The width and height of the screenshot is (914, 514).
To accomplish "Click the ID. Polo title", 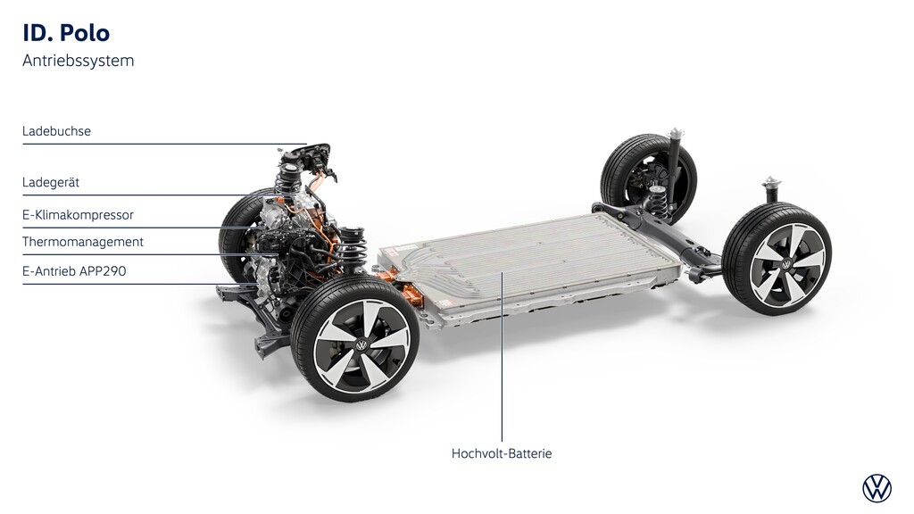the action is point(66,33).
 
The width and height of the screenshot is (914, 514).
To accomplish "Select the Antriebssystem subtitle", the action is point(79,61).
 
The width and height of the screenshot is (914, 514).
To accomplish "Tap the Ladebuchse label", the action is point(56,131).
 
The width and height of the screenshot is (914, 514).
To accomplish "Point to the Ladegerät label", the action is point(51,182).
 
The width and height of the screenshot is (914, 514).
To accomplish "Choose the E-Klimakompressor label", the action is point(79,215).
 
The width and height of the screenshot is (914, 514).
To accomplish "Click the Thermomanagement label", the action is point(83,242).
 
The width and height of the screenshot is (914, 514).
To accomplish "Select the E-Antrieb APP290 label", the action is point(74,271).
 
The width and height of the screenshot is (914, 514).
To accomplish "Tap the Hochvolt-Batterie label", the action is point(502,453).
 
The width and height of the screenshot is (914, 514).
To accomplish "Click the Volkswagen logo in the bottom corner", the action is point(877,488).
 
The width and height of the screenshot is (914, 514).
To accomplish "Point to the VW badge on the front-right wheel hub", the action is point(361,346).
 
